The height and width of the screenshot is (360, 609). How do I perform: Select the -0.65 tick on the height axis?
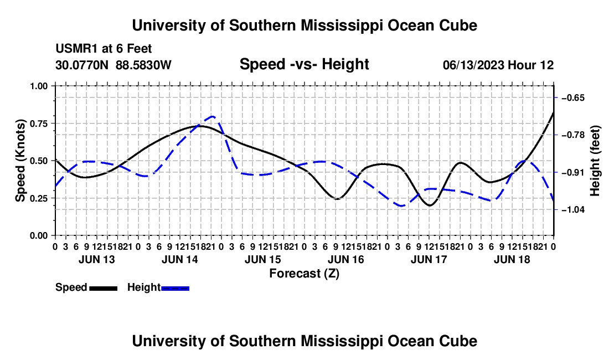(x=573, y=97)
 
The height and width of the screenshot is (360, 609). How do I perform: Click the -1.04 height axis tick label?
(x=573, y=210)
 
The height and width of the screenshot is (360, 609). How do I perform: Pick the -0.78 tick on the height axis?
(x=573, y=135)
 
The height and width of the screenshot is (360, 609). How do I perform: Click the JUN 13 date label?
(x=97, y=259)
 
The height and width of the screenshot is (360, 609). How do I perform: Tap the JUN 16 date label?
(x=345, y=259)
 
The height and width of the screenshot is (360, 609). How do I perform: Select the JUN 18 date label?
(x=512, y=259)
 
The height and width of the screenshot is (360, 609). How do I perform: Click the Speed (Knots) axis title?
(x=20, y=161)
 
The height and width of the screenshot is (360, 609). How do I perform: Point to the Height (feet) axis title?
(x=595, y=161)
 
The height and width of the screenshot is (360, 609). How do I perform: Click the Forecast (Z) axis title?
(x=304, y=274)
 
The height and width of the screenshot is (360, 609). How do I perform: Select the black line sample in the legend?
(x=104, y=288)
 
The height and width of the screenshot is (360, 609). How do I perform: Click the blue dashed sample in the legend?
(x=175, y=288)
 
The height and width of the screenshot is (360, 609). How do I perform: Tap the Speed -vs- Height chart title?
(x=304, y=64)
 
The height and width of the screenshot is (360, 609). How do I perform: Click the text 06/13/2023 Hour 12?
(x=498, y=65)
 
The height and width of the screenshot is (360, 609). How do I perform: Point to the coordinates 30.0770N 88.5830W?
(x=113, y=65)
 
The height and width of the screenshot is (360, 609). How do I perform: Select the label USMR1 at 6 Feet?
(x=104, y=49)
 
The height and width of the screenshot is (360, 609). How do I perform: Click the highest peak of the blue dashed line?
(x=213, y=116)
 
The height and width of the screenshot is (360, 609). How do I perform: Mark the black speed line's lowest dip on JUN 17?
(x=430, y=205)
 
